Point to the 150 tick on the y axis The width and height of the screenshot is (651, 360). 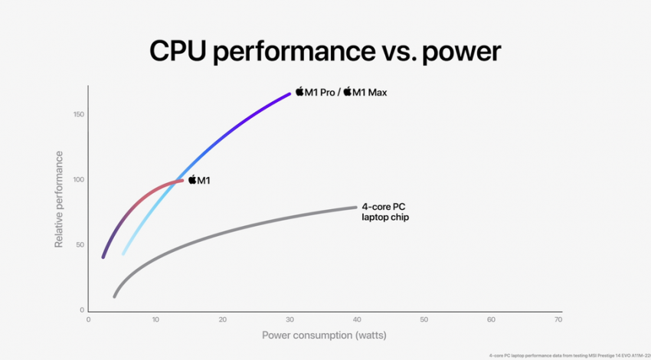[79, 115]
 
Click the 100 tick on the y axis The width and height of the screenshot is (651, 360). [79, 180]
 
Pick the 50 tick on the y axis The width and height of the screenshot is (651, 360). [80, 245]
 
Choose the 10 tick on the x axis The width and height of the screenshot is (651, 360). [155, 319]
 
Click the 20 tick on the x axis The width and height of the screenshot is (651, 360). [222, 319]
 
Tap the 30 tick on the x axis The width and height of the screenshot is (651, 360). [290, 319]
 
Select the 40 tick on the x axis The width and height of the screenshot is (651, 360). [357, 319]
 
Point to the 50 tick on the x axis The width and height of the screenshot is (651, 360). [424, 319]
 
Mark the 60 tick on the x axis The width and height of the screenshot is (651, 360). [491, 319]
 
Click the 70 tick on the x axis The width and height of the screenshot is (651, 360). [558, 319]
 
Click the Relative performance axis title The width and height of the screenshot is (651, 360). [59, 199]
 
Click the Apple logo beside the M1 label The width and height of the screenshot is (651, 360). [192, 180]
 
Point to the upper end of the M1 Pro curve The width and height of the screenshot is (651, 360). [290, 93]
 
